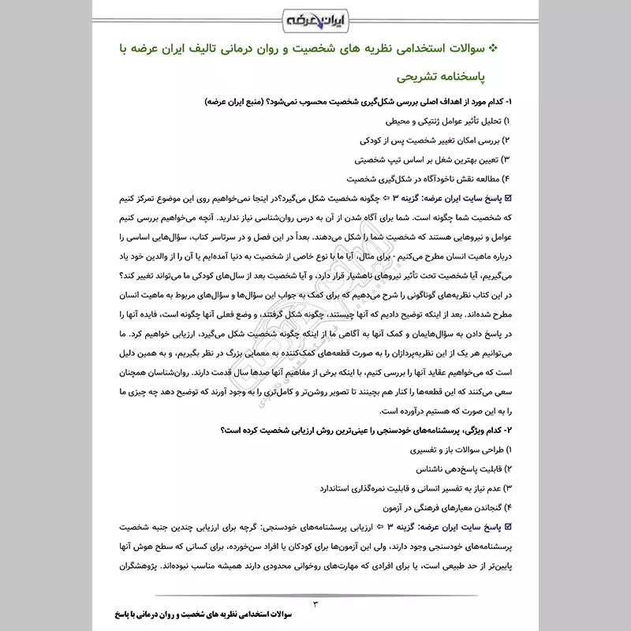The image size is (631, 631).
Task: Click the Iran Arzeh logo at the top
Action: tap(315, 17)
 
